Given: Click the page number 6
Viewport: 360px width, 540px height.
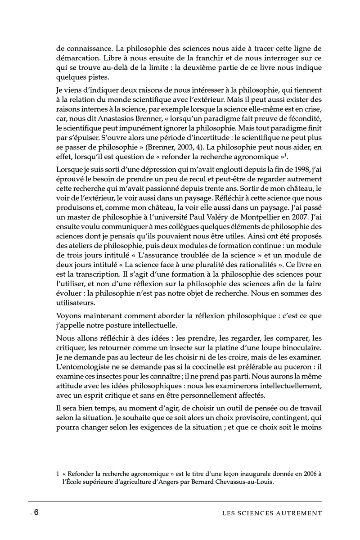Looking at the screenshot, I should point(36,513).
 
